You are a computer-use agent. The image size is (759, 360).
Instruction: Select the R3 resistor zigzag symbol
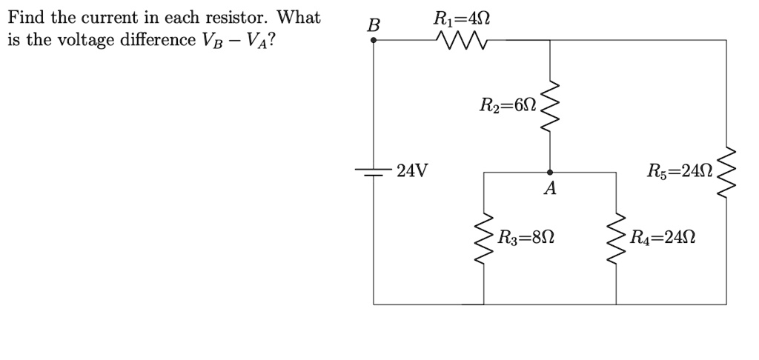[x=484, y=239]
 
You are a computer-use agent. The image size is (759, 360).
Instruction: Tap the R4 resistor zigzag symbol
[x=616, y=239]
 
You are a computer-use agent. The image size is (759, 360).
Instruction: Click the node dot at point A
[x=549, y=172]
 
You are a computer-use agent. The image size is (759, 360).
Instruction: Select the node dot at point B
[x=374, y=40]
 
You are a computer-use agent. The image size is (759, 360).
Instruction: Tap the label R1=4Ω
[x=460, y=17]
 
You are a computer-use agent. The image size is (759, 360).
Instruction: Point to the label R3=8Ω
[x=526, y=239]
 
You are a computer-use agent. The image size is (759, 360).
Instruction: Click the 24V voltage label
[x=412, y=172]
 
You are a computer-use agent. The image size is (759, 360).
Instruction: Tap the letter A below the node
[x=549, y=190]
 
